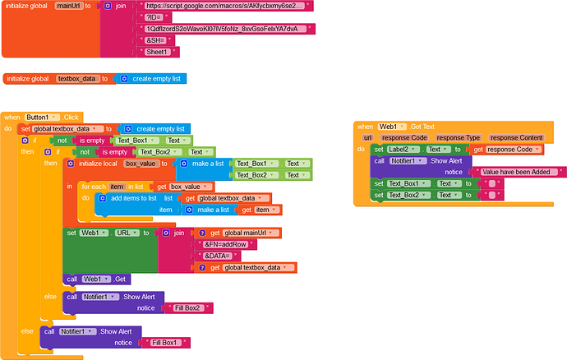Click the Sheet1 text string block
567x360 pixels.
(x=156, y=52)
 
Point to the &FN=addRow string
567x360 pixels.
(x=224, y=244)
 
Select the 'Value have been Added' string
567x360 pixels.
(x=522, y=172)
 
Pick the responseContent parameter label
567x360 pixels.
(x=520, y=137)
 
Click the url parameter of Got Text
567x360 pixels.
(x=368, y=137)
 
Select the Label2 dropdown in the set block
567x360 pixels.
(x=403, y=149)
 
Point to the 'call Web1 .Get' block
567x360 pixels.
(x=97, y=279)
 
